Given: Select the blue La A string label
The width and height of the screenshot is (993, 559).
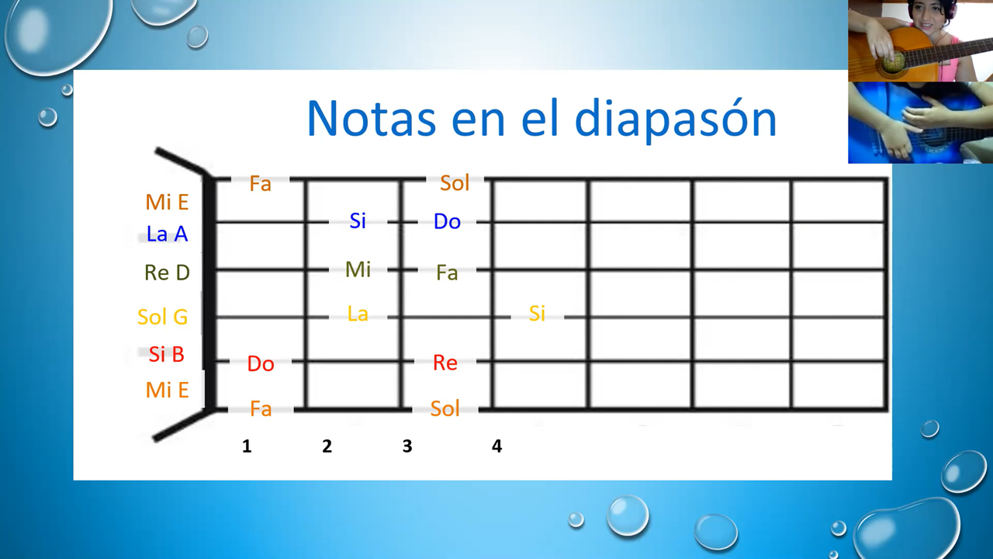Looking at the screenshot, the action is click(167, 234).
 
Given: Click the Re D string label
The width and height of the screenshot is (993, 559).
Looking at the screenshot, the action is click(167, 273).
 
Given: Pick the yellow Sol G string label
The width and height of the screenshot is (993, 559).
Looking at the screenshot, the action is click(163, 317).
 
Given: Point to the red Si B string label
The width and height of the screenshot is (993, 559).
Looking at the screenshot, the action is click(166, 354).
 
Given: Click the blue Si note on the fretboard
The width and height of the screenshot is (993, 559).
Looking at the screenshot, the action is click(358, 221).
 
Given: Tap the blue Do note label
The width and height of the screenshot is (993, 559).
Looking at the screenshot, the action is click(447, 221).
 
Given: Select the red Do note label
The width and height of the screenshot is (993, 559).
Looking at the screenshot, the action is click(261, 364).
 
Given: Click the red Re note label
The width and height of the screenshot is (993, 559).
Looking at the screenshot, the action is click(445, 363).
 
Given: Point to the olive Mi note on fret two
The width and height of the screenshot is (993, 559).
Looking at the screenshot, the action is click(358, 269).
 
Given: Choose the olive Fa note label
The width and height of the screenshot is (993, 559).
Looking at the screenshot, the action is click(447, 273).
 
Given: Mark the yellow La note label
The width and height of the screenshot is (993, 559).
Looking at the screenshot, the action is click(358, 314).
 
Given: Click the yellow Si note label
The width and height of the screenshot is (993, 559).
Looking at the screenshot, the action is click(538, 314).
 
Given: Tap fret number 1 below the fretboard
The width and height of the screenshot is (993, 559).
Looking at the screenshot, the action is click(247, 446).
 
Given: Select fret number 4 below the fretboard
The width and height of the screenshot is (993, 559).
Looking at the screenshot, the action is click(497, 446).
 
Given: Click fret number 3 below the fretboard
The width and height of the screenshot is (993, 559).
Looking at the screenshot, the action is click(407, 446).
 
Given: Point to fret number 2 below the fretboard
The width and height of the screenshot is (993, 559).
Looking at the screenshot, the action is click(327, 446).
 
